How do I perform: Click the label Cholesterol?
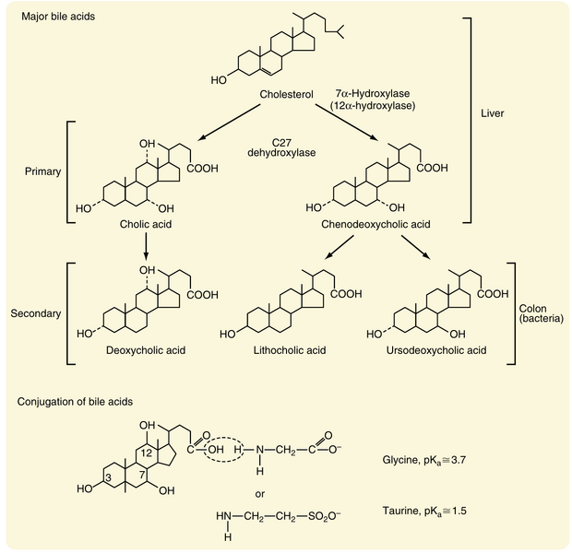(x=289, y=94)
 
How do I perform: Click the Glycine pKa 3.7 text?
(x=434, y=458)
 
